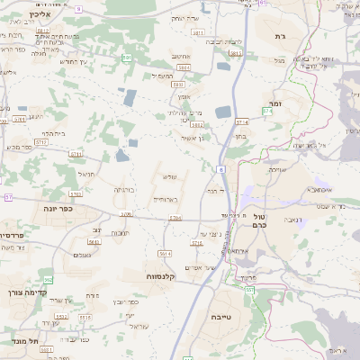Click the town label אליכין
coord(41,15)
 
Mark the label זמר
coord(274,105)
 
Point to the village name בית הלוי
coord(54,133)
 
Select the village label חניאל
coord(86,173)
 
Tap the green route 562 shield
coord(47,281)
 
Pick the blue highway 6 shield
coord(221,168)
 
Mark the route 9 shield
coord(78,8)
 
